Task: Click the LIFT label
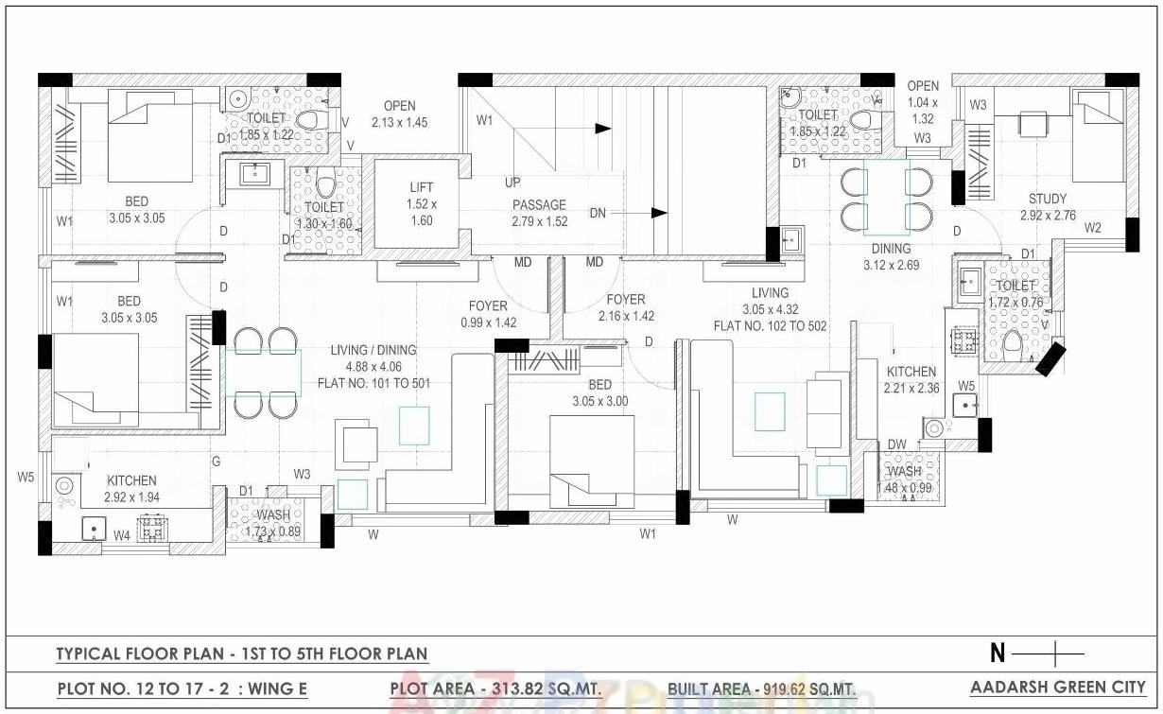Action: (421, 188)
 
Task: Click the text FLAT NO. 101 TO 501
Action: (373, 384)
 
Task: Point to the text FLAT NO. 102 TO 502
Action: (770, 325)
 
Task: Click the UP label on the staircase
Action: (512, 182)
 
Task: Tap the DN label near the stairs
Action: (598, 214)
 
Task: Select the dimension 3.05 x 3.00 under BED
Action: (599, 401)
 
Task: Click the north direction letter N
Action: (997, 653)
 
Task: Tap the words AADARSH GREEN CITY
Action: (1057, 688)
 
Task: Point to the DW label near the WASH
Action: (896, 445)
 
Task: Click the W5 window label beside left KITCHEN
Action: (26, 477)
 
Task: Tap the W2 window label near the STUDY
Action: (1093, 228)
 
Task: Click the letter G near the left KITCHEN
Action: (216, 461)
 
